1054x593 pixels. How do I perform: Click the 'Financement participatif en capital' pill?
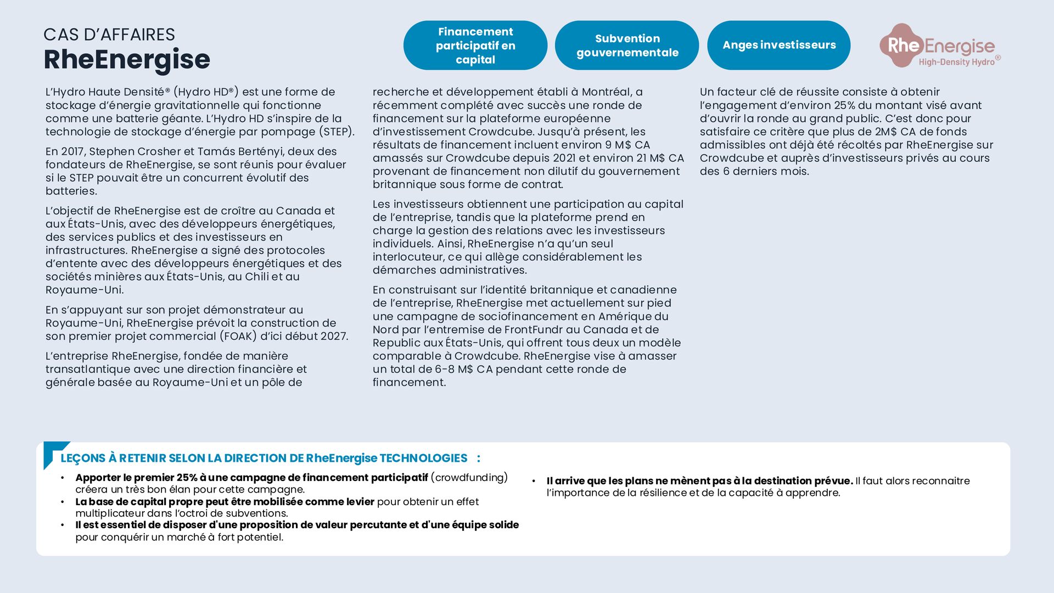pyautogui.click(x=475, y=46)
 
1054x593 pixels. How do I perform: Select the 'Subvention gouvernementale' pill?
pyautogui.click(x=627, y=46)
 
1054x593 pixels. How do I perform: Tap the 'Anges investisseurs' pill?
pyautogui.click(x=778, y=45)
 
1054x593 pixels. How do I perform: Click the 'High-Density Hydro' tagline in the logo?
pyautogui.click(x=956, y=62)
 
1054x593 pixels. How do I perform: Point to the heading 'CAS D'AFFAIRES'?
pyautogui.click(x=109, y=35)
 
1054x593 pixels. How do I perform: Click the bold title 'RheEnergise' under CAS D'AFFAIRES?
pyautogui.click(x=127, y=59)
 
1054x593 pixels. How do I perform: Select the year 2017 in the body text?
pyautogui.click(x=72, y=152)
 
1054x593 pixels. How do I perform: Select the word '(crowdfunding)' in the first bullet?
pyautogui.click(x=469, y=478)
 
